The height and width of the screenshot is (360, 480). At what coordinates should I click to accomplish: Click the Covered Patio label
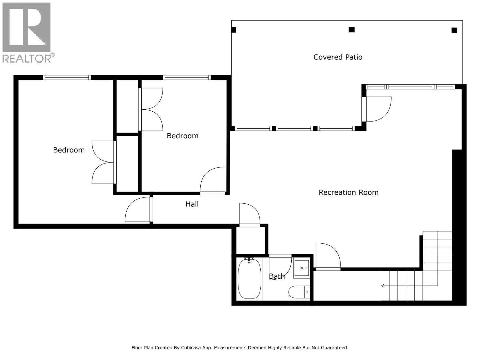click(x=338, y=57)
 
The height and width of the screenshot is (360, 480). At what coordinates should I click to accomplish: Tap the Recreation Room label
click(x=348, y=192)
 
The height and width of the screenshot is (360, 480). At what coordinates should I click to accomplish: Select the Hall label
click(x=192, y=204)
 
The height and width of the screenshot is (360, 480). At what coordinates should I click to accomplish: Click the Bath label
click(x=277, y=276)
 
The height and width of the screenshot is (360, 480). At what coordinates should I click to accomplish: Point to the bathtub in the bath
click(x=249, y=279)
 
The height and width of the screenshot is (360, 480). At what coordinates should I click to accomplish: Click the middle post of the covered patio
click(x=352, y=29)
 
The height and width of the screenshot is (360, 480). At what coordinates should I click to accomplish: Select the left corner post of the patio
click(x=233, y=30)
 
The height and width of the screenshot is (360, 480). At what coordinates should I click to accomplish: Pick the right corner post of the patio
click(x=454, y=30)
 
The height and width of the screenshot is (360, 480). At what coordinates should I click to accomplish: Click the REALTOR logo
click(x=27, y=32)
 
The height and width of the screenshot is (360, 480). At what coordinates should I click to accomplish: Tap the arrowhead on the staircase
click(x=383, y=286)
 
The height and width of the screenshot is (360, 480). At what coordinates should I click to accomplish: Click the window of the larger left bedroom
click(x=67, y=77)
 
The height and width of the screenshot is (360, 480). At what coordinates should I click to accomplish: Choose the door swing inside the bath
click(x=280, y=266)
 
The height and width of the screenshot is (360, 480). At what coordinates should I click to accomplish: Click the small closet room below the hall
click(x=250, y=241)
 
